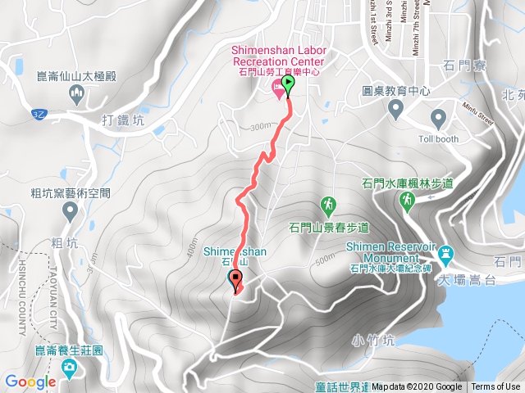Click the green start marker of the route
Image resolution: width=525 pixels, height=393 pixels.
pos(288,85)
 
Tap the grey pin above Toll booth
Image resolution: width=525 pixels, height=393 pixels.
pos(437,120)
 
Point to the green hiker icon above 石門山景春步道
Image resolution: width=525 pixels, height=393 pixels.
pos(328,203)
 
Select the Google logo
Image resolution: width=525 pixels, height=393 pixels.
pos(30,382)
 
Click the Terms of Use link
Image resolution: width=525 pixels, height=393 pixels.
pos(495,387)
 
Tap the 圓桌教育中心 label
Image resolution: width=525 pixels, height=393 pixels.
pos(396,92)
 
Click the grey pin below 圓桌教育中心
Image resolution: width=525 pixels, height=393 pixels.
pos(396,108)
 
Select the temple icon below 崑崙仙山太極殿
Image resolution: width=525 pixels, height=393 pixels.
pos(77,95)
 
